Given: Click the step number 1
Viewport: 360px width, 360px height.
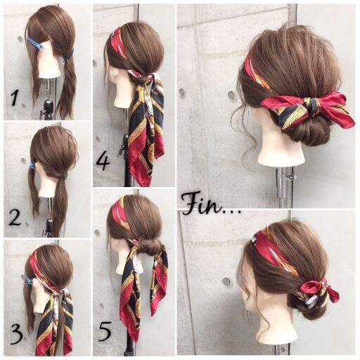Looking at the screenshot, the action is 15,98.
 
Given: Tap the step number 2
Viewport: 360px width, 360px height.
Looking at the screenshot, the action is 15,217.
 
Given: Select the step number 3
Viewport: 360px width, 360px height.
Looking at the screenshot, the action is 16,335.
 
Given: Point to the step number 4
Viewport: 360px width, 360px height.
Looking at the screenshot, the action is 103,162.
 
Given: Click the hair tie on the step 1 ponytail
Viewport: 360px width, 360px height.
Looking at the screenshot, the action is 68,56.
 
